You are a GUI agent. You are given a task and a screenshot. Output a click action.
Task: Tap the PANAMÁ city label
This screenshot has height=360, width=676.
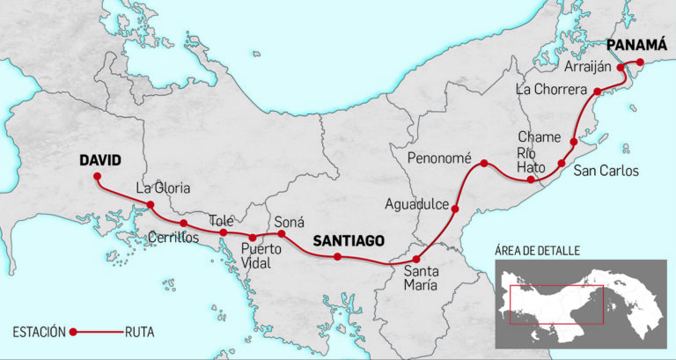(636, 44)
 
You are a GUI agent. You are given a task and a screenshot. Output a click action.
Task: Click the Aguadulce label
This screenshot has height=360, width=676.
(415, 204)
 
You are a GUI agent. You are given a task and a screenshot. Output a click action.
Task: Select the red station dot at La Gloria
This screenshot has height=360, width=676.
(151, 205)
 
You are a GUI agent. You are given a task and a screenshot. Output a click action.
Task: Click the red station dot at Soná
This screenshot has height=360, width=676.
(282, 234)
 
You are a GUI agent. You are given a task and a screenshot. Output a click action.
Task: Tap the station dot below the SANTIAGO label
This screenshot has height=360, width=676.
(337, 257)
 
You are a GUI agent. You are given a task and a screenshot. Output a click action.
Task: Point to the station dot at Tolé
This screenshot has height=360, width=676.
(224, 233)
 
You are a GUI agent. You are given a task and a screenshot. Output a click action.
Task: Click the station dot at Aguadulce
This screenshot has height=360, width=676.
(455, 209)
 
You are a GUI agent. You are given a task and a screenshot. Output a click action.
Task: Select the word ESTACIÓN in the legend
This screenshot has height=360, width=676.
(39, 332)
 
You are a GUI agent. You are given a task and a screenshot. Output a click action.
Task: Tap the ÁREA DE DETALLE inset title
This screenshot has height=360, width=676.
(537, 251)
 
